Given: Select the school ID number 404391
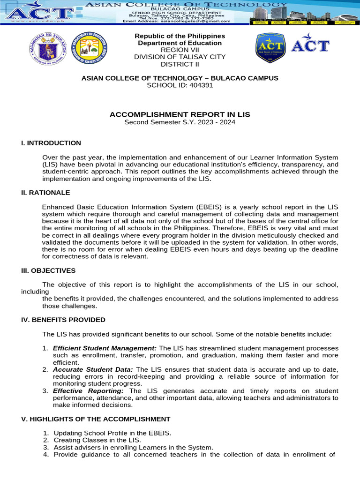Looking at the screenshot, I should pyautogui.click(x=200, y=85).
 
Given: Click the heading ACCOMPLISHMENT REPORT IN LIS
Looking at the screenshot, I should pyautogui.click(x=180, y=114).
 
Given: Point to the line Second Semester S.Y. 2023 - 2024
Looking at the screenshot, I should pyautogui.click(x=180, y=122).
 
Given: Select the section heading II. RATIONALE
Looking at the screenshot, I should pyautogui.click(x=45, y=193).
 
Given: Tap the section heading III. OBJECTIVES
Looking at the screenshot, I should pyautogui.click(x=48, y=270).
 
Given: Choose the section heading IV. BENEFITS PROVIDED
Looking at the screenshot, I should pyautogui.click(x=63, y=320).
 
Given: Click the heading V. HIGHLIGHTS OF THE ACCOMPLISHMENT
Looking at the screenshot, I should pyautogui.click(x=96, y=419).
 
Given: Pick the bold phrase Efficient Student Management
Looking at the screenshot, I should pyautogui.click(x=105, y=348).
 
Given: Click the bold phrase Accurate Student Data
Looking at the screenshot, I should pyautogui.click(x=93, y=370).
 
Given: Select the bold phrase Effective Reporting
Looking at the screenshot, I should pyautogui.click(x=89, y=391).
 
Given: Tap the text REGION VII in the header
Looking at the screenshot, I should pyautogui.click(x=180, y=50).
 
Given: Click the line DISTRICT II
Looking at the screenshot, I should pyautogui.click(x=180, y=64).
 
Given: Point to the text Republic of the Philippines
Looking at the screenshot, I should pyautogui.click(x=180, y=36).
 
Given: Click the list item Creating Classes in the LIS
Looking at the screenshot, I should pyautogui.click(x=97, y=440).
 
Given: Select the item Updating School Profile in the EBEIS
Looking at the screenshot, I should pyautogui.click(x=112, y=433).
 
